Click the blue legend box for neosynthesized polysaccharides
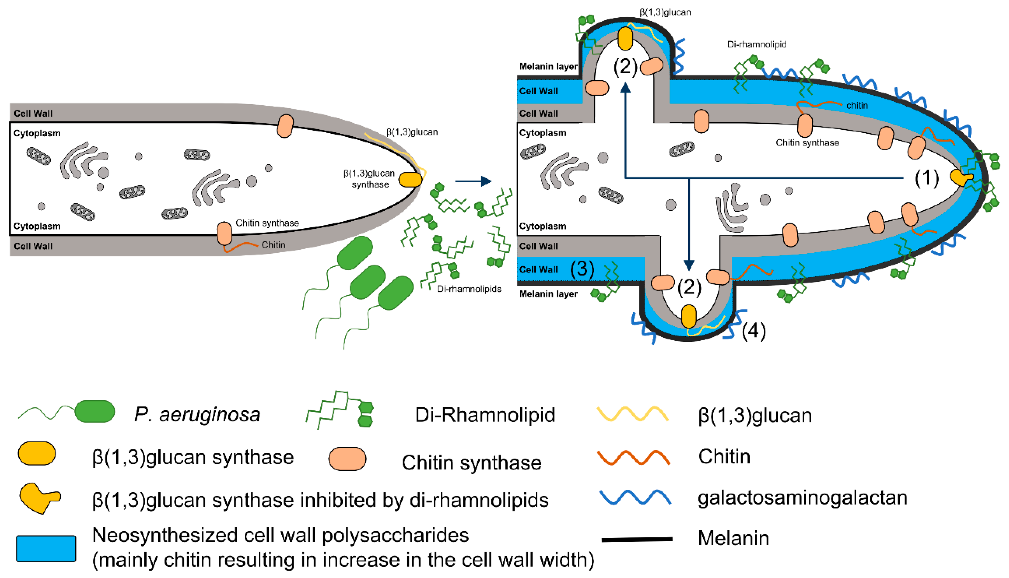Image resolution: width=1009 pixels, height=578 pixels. [x=46, y=549]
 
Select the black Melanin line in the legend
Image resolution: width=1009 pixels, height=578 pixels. [x=637, y=539]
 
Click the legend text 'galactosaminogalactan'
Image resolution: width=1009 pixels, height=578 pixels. [x=802, y=498]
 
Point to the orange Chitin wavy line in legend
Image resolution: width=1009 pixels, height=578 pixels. [x=634, y=457]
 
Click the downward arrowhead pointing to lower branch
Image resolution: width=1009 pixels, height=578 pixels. [x=689, y=265]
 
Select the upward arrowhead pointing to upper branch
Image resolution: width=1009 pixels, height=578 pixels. [x=625, y=87]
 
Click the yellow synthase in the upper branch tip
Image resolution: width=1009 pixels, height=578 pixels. [x=625, y=38]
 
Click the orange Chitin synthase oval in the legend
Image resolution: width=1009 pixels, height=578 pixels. [x=347, y=459]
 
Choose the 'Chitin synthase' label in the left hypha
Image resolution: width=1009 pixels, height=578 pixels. [x=267, y=223]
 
